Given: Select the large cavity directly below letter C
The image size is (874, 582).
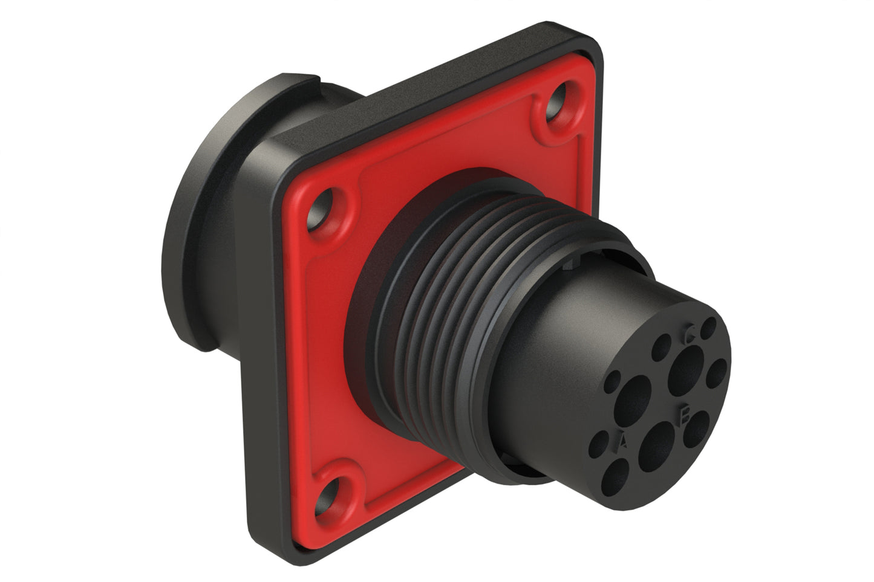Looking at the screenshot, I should (x=686, y=366).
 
